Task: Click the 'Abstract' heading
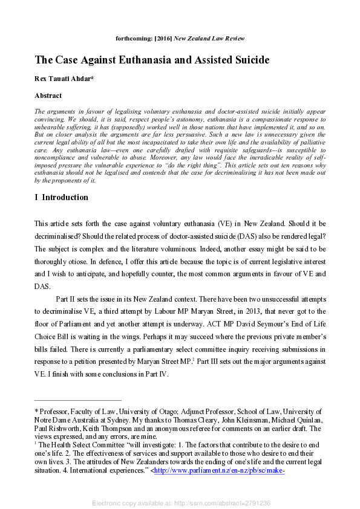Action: pyautogui.click(x=48, y=95)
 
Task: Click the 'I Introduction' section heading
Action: pyautogui.click(x=61, y=197)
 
